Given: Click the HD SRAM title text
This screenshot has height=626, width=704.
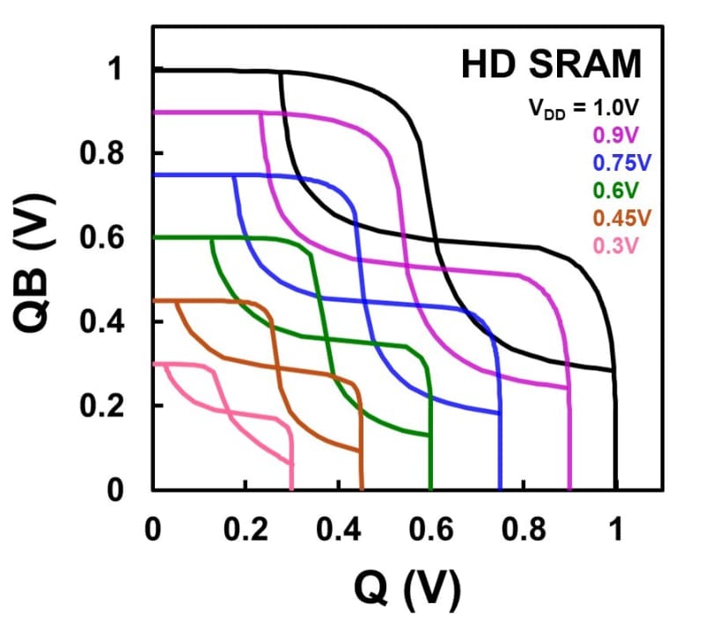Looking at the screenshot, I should click(x=552, y=66).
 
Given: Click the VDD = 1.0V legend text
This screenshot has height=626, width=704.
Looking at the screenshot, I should click(x=583, y=108).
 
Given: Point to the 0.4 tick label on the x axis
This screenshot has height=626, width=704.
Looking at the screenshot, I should click(x=338, y=530).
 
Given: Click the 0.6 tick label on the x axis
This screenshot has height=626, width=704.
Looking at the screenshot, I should click(x=430, y=530).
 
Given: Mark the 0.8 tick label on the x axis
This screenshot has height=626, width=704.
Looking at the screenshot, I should click(x=523, y=530).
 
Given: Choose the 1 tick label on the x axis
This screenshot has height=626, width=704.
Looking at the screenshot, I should click(x=616, y=530).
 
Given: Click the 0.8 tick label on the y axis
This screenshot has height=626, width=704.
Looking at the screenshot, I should click(x=104, y=154).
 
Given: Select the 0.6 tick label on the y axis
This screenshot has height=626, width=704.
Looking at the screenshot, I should click(x=104, y=238).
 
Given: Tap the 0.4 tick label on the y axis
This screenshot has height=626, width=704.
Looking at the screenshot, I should click(x=104, y=322).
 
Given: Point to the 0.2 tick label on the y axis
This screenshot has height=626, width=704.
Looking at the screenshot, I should click(x=104, y=406).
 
